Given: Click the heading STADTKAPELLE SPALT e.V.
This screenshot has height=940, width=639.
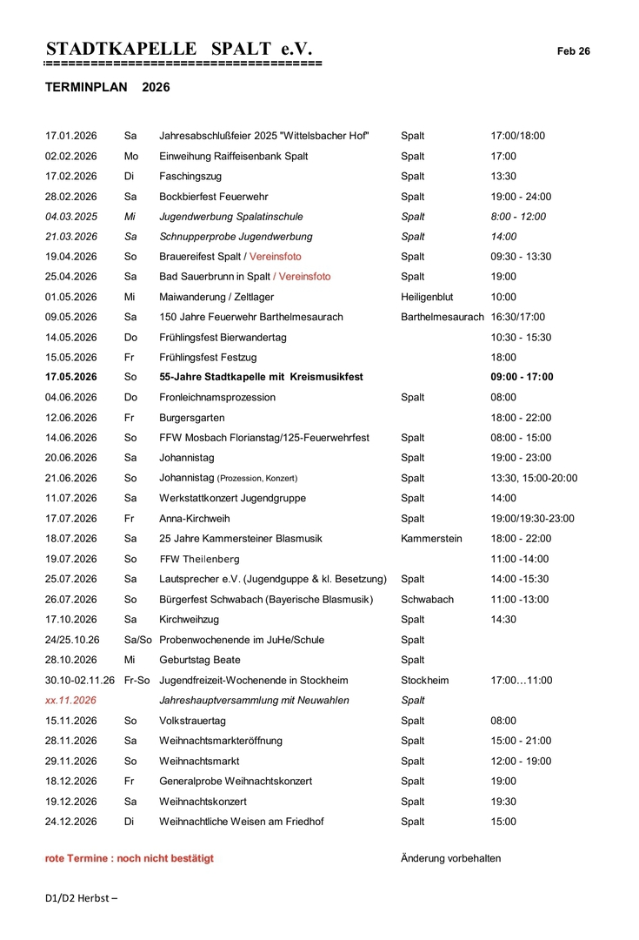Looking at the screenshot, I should (178, 49).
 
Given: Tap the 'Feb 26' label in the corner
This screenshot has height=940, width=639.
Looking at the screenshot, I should (574, 51).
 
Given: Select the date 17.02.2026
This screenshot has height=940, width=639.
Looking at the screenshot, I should (71, 176).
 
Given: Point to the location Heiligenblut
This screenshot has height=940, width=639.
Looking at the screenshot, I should (427, 297).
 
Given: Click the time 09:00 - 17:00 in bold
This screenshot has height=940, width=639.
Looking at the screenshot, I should (522, 377).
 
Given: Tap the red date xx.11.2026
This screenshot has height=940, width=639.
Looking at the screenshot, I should (71, 700).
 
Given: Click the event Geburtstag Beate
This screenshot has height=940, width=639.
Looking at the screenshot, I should (199, 660).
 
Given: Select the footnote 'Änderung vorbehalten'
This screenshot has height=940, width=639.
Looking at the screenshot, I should (450, 858).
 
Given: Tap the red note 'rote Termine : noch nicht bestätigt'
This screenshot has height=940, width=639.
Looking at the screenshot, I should (130, 858).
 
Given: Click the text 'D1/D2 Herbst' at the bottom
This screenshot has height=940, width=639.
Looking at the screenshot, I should (81, 897).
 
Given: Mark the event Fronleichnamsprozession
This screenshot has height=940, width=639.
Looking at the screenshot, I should (217, 397).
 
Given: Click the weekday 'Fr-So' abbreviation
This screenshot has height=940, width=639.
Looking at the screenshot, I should (137, 680).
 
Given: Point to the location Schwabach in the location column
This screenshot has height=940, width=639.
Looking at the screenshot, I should (427, 599).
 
